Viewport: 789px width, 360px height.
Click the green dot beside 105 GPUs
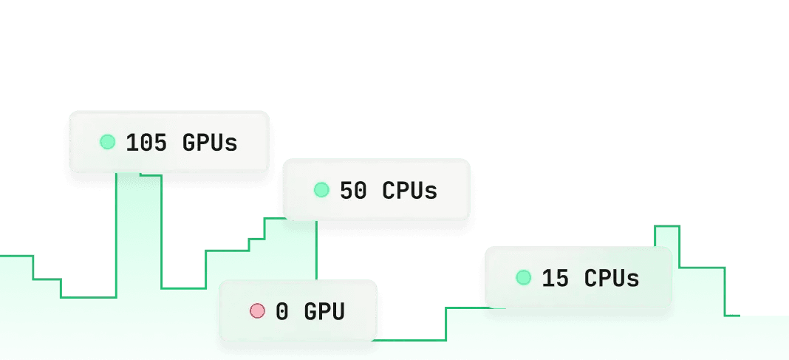pyautogui.click(x=108, y=141)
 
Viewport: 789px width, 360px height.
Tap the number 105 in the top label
pyautogui.click(x=147, y=143)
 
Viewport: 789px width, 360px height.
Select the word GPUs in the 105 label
pyautogui.click(x=210, y=143)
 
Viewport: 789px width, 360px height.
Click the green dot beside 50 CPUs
pyautogui.click(x=321, y=190)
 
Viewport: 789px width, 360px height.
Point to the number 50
pyautogui.click(x=353, y=191)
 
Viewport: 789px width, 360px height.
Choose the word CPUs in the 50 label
pyautogui.click(x=410, y=191)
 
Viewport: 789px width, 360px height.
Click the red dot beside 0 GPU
pyautogui.click(x=257, y=311)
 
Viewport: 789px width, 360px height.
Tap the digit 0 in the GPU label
pyautogui.click(x=282, y=312)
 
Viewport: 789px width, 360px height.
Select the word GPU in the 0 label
pyautogui.click(x=324, y=312)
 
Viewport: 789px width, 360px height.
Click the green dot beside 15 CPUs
pyautogui.click(x=524, y=278)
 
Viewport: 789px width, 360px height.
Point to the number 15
pyautogui.click(x=556, y=279)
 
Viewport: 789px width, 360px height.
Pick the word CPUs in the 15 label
pyautogui.click(x=612, y=279)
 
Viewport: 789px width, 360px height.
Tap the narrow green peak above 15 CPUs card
pyautogui.click(x=667, y=236)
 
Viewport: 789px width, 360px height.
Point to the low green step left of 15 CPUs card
pyautogui.click(x=465, y=325)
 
